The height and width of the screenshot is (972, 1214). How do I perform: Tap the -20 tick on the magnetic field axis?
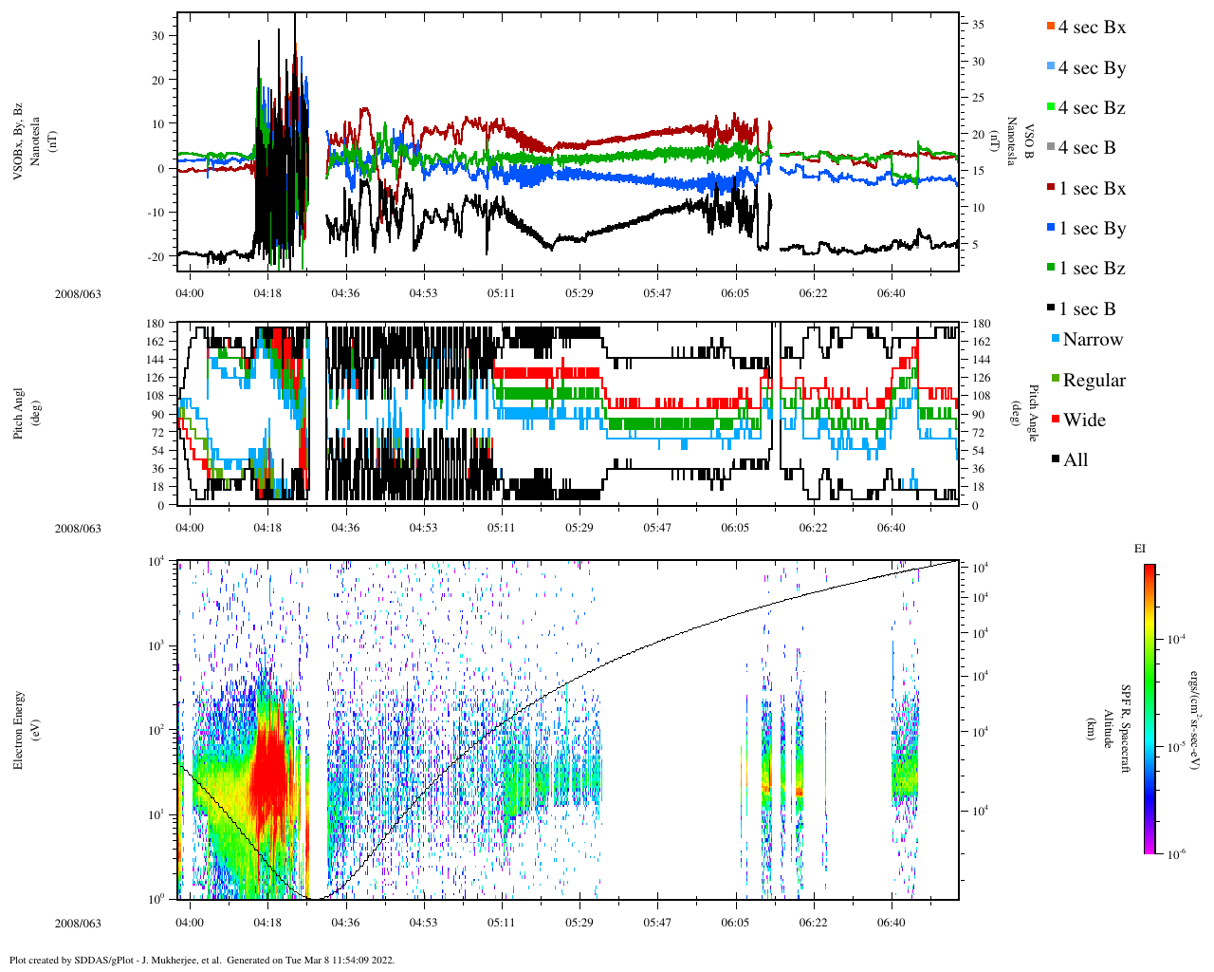click(155, 256)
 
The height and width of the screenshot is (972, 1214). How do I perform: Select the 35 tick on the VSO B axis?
click(977, 25)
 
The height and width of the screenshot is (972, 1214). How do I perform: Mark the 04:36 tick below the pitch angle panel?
click(345, 528)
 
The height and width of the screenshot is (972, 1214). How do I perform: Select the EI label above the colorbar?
click(1139, 549)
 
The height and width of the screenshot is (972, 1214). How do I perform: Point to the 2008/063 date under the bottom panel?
click(78, 923)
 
